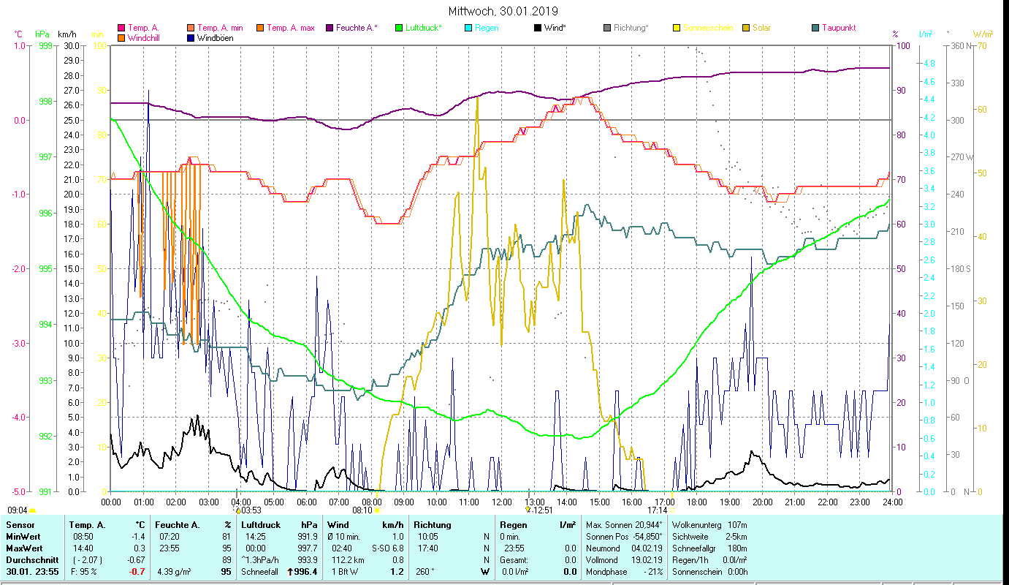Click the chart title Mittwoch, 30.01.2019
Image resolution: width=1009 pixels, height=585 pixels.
[x=503, y=11]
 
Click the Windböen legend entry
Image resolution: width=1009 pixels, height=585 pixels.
[x=216, y=38]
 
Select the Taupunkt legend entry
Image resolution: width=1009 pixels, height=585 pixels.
[x=838, y=28]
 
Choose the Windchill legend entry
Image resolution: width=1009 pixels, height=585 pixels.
[x=146, y=38]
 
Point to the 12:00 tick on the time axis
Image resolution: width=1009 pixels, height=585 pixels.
[x=501, y=502]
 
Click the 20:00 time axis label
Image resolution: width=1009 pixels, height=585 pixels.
[x=762, y=502]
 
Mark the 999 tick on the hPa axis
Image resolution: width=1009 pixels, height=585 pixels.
[x=45, y=45]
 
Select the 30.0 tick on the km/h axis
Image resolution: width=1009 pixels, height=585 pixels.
[x=72, y=45]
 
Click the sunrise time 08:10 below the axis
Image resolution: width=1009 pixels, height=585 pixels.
[x=362, y=510]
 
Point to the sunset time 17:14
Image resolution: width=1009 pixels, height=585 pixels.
[x=658, y=510]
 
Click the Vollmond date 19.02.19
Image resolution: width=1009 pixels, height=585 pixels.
[x=647, y=560]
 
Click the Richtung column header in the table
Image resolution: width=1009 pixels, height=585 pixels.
[x=433, y=525]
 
